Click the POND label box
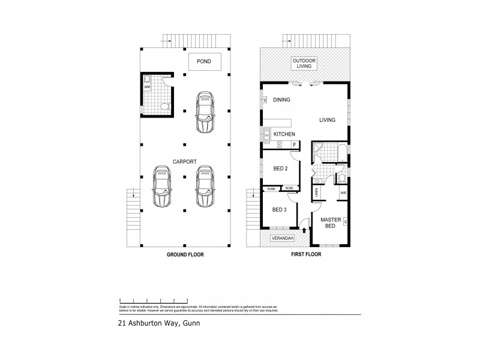tap(205, 61)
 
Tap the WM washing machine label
tap(147, 88)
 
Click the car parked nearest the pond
tap(205, 112)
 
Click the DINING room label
tap(281, 100)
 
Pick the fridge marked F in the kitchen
tap(295, 145)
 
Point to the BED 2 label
tap(281, 169)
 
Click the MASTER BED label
tap(330, 223)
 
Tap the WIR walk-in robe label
tap(343, 193)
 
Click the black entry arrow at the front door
tap(305, 229)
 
